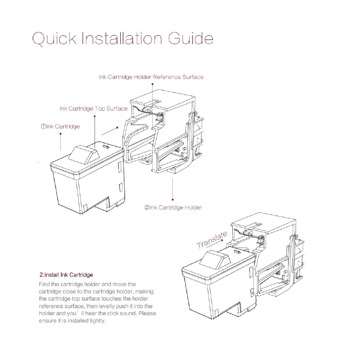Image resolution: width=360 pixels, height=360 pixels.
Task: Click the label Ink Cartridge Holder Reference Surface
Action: click(151, 77)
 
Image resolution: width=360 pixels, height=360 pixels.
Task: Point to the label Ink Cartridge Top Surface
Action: click(93, 108)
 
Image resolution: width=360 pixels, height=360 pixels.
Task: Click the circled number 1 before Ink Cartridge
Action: click(43, 127)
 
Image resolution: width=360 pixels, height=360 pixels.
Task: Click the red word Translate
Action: click(211, 239)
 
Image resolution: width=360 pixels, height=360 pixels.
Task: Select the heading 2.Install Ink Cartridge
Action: click(66, 275)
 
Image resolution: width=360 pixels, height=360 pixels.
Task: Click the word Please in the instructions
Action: click(148, 314)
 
